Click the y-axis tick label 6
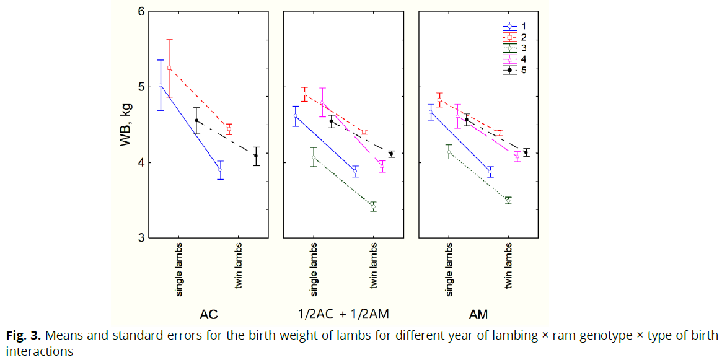(x=141, y=11)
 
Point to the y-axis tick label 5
(x=141, y=87)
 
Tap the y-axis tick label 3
(x=141, y=238)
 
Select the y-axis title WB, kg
(x=126, y=125)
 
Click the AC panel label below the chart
(x=209, y=314)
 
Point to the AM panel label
(x=478, y=314)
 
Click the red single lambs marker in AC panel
(x=169, y=68)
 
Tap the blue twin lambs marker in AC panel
(x=220, y=170)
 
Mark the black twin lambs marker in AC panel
(x=256, y=156)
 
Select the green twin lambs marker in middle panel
(x=373, y=206)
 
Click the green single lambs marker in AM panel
(x=449, y=152)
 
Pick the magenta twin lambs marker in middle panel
(x=382, y=167)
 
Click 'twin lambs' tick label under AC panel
(x=238, y=270)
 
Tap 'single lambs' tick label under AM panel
(x=449, y=270)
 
